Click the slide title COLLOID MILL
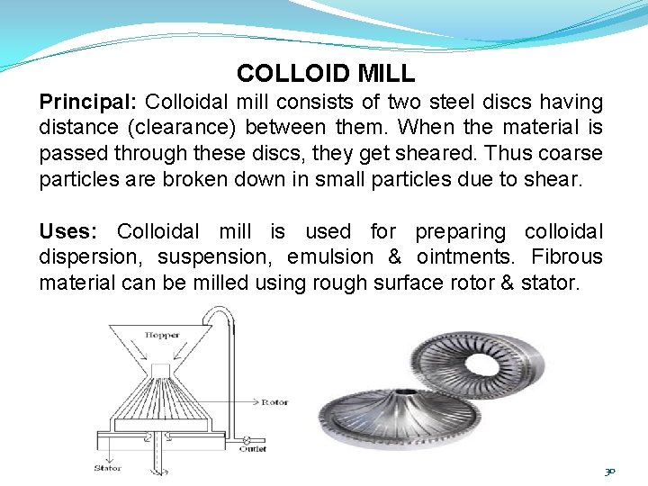click(x=325, y=73)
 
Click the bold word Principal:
click(x=88, y=102)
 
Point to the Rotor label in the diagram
click(x=274, y=402)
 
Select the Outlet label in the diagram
click(x=253, y=448)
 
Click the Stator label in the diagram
click(x=107, y=468)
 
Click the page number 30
click(x=609, y=471)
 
